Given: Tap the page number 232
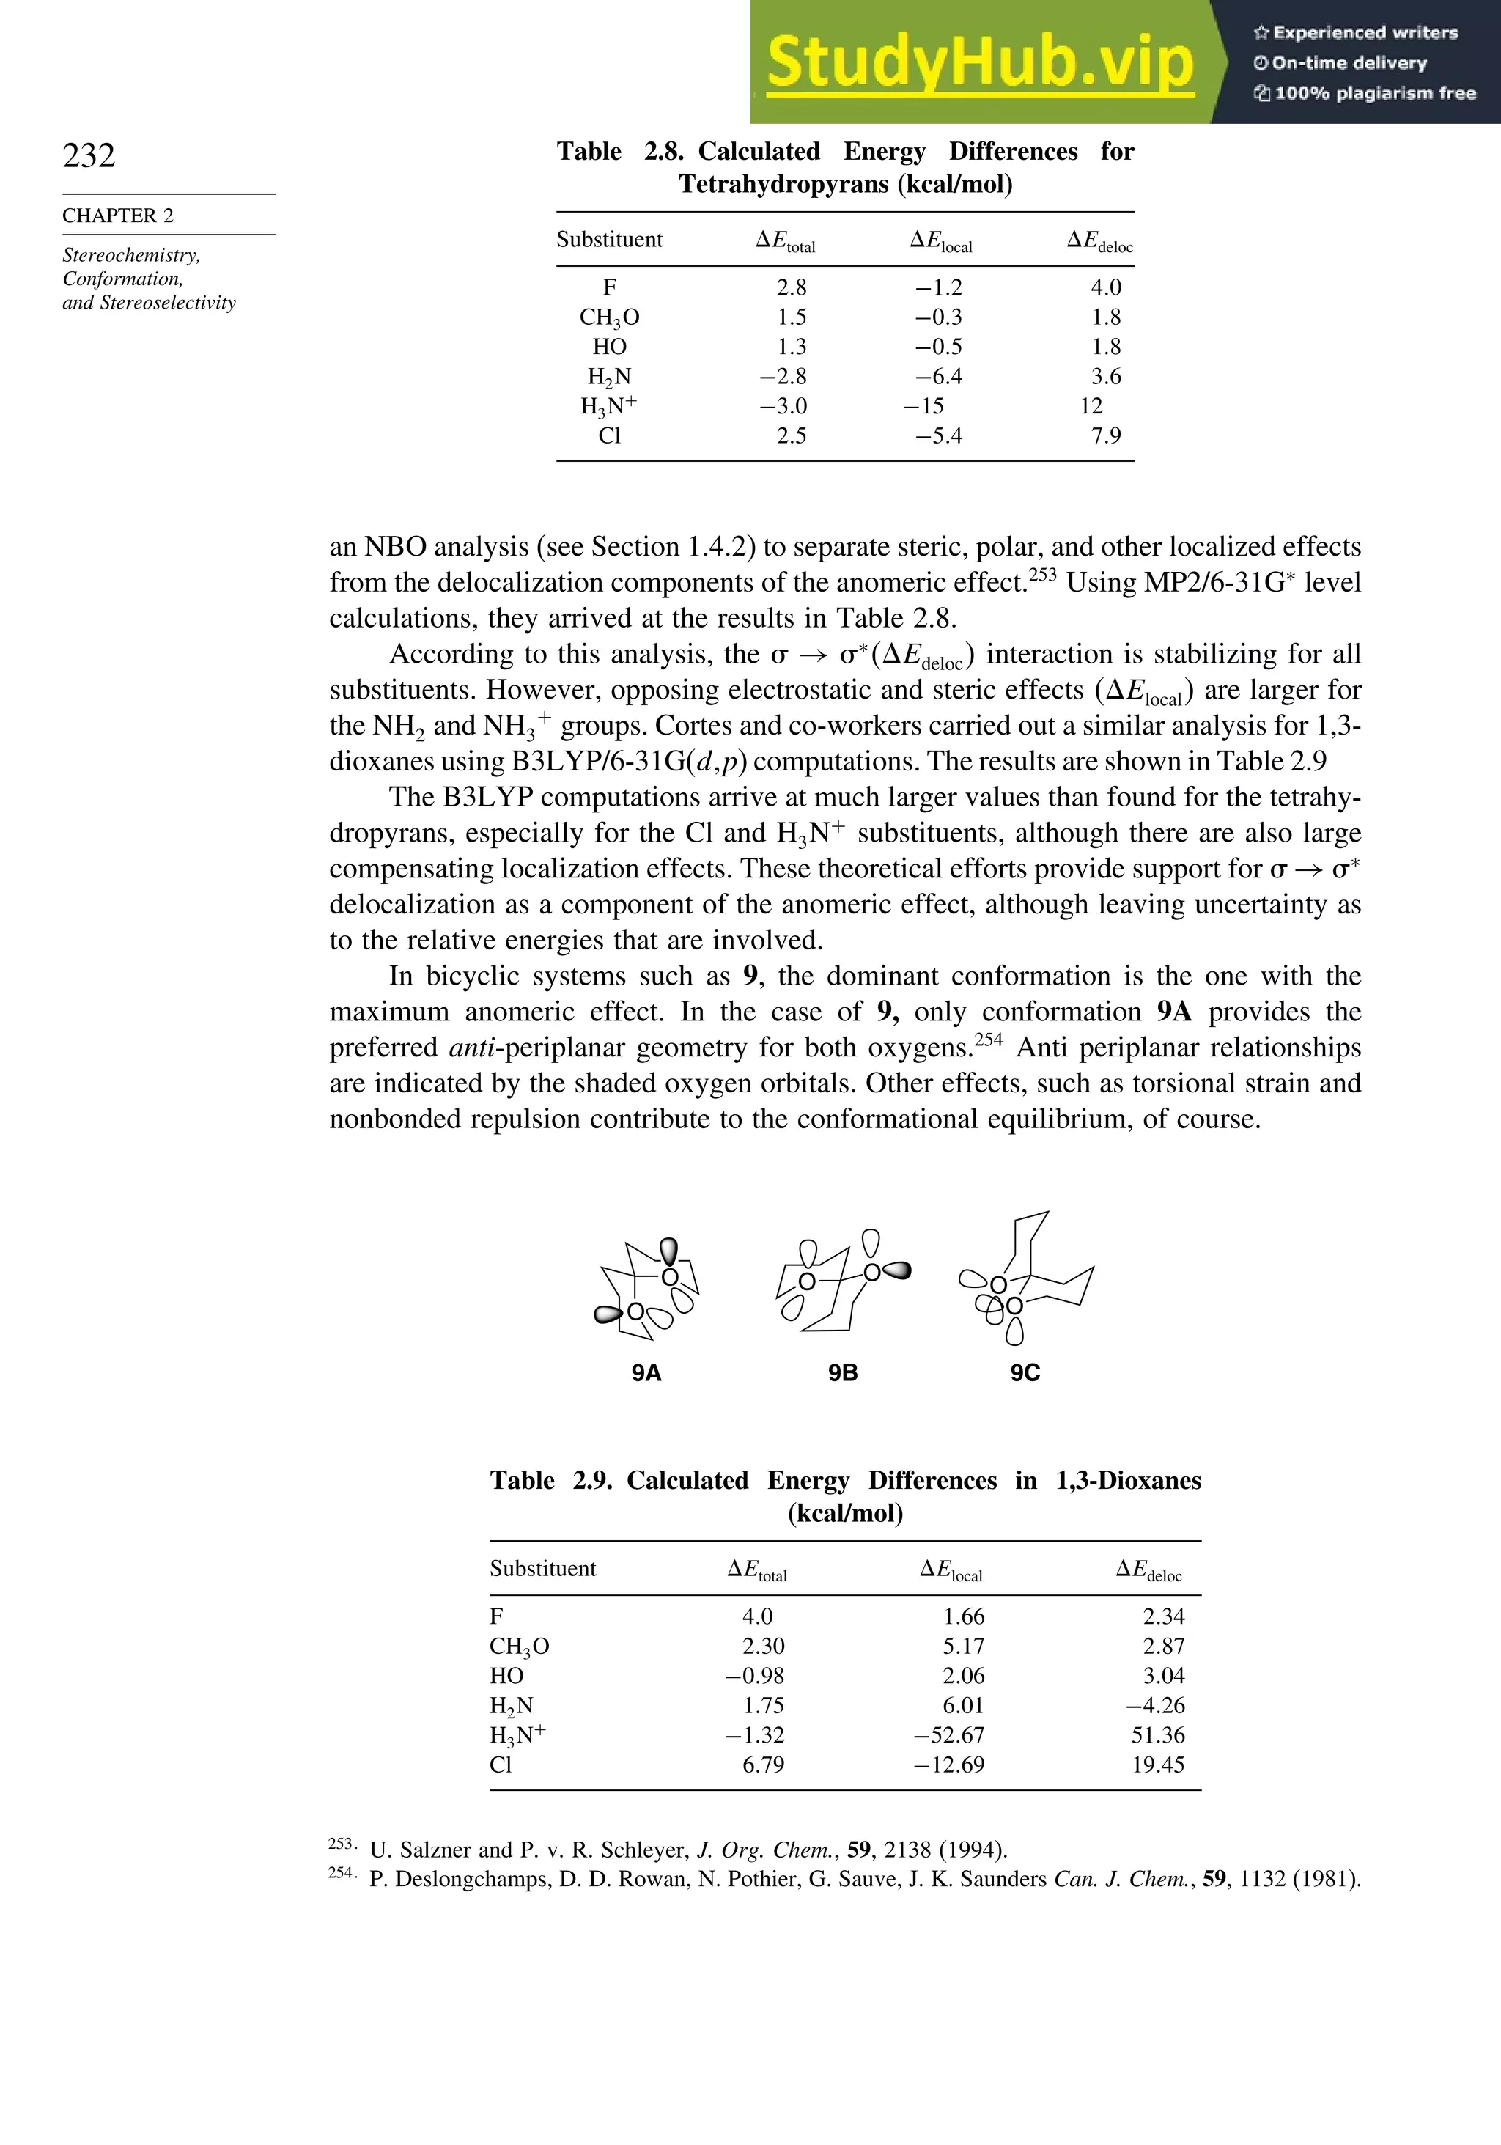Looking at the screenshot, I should point(89,155).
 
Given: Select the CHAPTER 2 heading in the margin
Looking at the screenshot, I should point(118,216).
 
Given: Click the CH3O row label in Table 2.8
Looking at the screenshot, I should point(609,317).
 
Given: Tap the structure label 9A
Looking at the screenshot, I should point(646,1372).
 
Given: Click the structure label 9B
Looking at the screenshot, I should point(843,1372).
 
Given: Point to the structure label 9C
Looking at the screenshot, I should point(1025,1372).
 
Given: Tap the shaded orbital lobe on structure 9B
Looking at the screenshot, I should point(896,1270).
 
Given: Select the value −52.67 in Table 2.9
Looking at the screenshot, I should point(948,1735).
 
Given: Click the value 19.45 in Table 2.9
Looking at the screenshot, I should point(1157,1765).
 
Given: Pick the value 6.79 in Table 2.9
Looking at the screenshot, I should point(762,1765).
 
